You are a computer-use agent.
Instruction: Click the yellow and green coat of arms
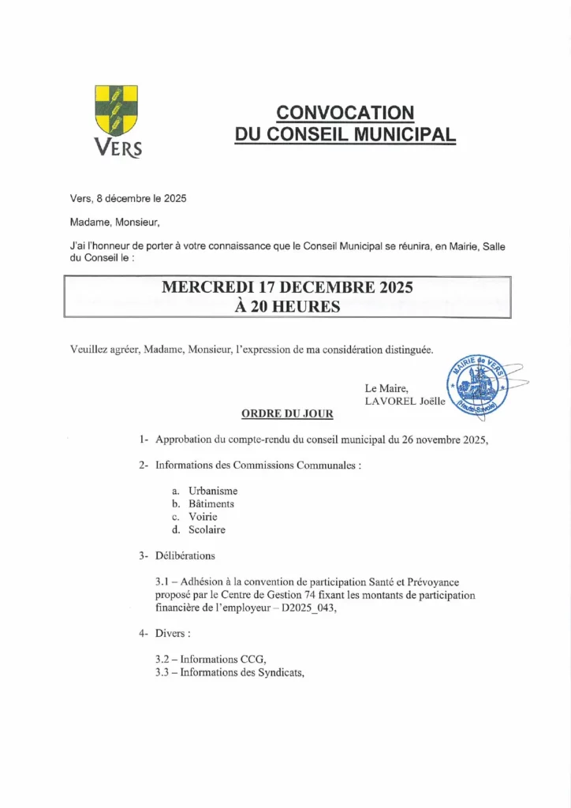[116, 110]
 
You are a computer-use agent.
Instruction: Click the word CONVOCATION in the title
[345, 113]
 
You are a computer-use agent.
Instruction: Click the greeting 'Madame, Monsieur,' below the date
[114, 223]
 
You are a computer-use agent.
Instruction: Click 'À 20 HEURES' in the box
[287, 307]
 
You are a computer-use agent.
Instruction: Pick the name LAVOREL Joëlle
[405, 401]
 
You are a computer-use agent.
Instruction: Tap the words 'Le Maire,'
[386, 388]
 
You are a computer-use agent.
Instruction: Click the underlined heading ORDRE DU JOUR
[287, 413]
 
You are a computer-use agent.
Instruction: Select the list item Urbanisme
[213, 491]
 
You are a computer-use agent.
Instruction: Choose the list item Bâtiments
[211, 503]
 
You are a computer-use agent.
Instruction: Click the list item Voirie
[203, 517]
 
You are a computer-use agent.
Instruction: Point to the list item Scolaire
[207, 529]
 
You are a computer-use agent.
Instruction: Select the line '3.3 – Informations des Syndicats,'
[230, 672]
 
